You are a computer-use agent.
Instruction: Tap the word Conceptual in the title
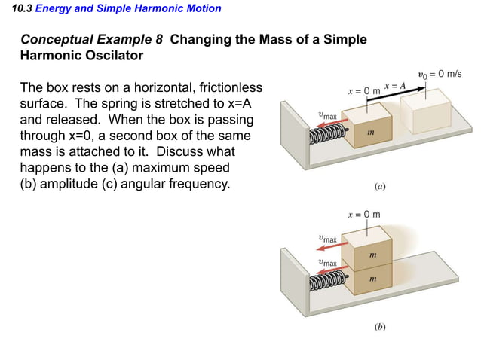55,39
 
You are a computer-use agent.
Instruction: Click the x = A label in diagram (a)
394,86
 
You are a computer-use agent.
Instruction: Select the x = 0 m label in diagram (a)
364,90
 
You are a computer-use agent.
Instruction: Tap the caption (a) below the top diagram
380,185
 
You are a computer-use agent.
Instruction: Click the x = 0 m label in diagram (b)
364,215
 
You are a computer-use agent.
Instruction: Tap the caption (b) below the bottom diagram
380,328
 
